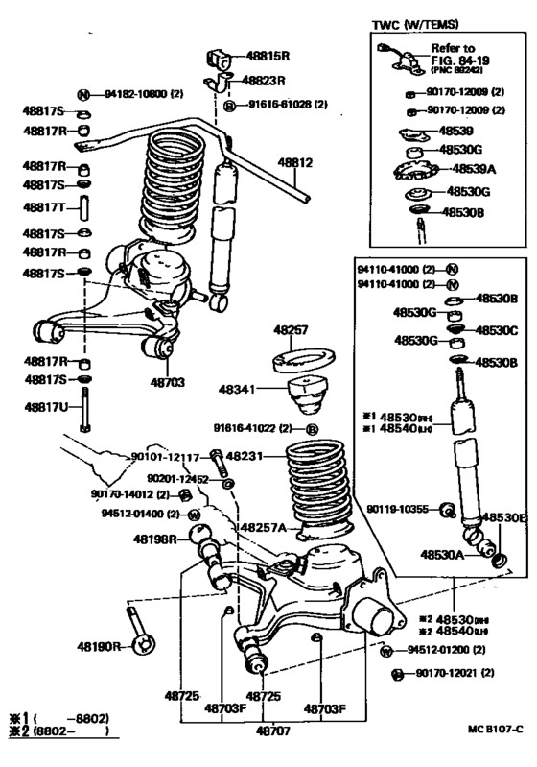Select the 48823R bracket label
[267, 82]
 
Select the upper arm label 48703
[168, 381]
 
